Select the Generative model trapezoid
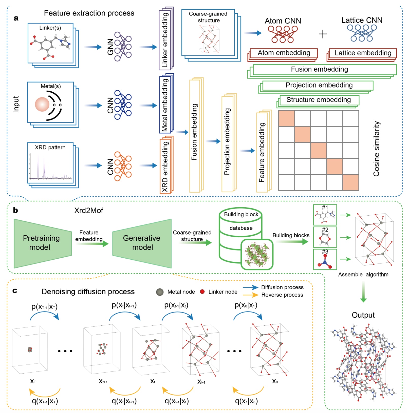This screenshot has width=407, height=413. tap(142, 243)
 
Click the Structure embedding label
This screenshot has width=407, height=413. tap(319, 100)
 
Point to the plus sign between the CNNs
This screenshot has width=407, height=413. tap(323, 34)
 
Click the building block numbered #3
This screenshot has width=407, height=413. tap(325, 259)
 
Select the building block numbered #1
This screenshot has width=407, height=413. tap(325, 215)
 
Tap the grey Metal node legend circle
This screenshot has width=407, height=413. tap(160, 292)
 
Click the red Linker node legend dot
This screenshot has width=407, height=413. tap(202, 292)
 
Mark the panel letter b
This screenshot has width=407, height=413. tap(15, 210)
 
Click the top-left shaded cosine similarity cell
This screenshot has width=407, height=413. tap(286, 118)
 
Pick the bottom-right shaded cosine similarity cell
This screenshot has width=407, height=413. tap(351, 182)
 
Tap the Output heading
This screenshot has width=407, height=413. tap(363, 315)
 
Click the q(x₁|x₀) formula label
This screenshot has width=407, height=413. tap(246, 401)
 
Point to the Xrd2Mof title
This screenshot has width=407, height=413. tap(88, 211)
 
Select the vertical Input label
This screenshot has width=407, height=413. tap(16, 104)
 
